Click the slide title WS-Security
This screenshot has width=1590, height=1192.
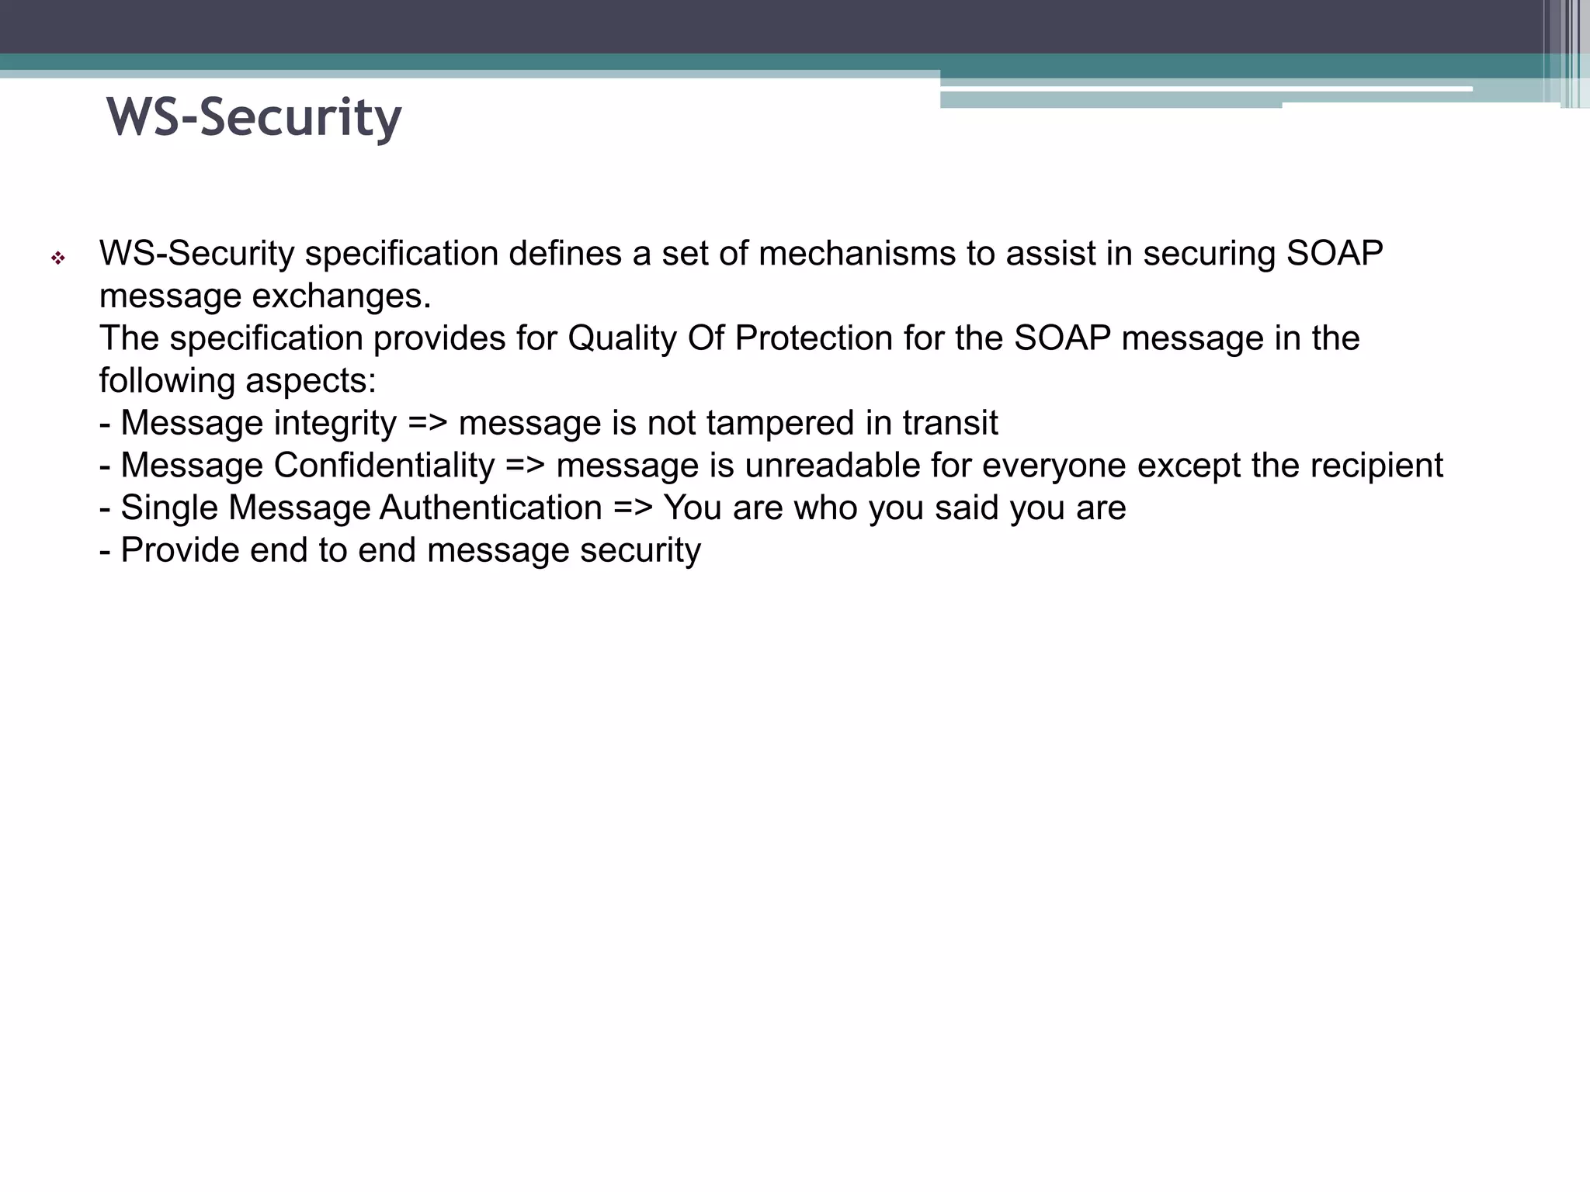click(254, 117)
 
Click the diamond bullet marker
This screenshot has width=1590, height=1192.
click(57, 258)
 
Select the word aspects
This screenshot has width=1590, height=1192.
click(311, 381)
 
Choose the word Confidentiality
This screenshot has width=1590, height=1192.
click(384, 466)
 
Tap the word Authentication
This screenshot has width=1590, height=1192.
click(491, 508)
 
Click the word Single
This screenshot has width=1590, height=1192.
click(169, 508)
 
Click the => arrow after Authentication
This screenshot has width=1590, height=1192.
click(633, 508)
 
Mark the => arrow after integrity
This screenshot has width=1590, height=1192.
click(428, 424)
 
